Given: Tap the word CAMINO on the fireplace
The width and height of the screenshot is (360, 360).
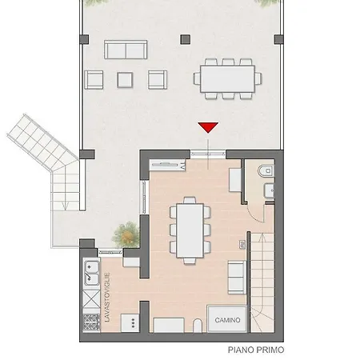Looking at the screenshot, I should coord(227,320).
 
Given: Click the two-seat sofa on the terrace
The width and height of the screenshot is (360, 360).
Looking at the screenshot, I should coord(126,51).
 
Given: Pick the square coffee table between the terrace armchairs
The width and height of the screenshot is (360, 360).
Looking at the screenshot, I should coord(125,79).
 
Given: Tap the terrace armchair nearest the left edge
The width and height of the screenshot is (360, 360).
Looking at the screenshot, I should coord(94,79).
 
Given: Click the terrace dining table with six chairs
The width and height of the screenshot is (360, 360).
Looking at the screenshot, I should coord(228,78).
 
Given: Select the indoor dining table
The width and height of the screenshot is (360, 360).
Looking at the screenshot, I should coord(190,229).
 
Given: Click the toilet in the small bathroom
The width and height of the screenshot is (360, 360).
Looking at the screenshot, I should coord(266,170).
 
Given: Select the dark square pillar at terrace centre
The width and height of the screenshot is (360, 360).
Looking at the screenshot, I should coord(186,38).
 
